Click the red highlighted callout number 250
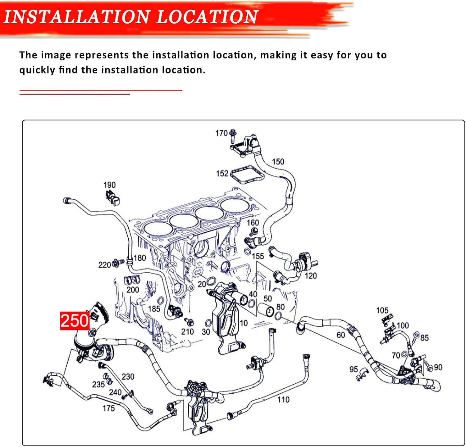75,321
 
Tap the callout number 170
222,133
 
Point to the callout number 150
278,162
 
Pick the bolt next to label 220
118,263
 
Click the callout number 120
311,276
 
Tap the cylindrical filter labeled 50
266,310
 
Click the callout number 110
283,399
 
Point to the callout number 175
108,408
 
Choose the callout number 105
382,310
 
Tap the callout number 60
340,335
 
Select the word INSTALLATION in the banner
76,17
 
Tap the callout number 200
133,290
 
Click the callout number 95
354,369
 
